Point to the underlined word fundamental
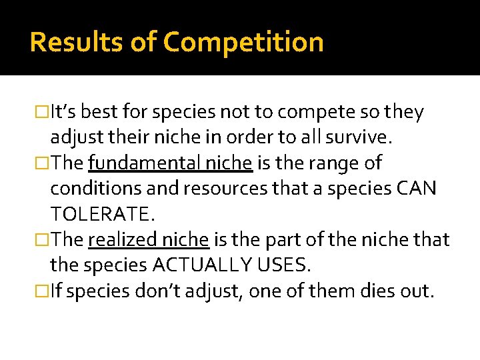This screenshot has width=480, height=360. tap(135, 163)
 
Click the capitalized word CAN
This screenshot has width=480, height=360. tap(417, 189)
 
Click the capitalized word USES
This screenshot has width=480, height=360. tap(285, 265)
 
